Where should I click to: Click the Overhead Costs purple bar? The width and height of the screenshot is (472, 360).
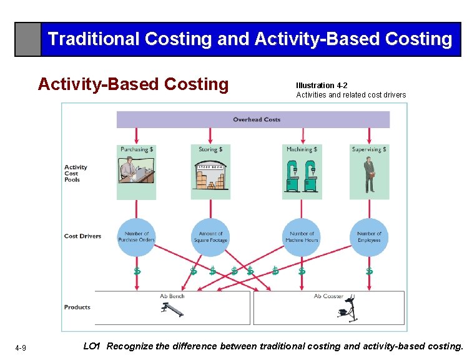[253, 119]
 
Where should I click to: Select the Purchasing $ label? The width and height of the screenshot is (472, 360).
[137, 149]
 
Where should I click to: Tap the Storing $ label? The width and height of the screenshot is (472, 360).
[210, 149]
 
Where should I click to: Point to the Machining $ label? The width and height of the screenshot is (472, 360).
[302, 149]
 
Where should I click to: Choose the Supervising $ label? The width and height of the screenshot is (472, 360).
[369, 149]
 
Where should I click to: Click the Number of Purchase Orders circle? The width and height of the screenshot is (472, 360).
[137, 237]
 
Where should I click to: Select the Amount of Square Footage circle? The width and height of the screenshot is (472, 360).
[210, 237]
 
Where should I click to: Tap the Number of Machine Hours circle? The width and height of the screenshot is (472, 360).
[302, 237]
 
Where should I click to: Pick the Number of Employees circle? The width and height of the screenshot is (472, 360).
[369, 237]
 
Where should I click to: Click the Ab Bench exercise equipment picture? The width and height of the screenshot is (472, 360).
[172, 309]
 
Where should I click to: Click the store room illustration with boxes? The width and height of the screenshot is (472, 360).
[210, 176]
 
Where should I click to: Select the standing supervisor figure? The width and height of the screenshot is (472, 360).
[370, 174]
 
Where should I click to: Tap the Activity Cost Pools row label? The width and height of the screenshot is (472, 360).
[76, 173]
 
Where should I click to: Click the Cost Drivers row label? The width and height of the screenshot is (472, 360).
[82, 236]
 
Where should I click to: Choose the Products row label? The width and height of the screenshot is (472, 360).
[77, 307]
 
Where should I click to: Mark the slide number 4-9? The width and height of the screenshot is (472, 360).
[21, 347]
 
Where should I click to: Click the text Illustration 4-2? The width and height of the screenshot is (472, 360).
[322, 86]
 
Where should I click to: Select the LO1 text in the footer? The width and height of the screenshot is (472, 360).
[91, 346]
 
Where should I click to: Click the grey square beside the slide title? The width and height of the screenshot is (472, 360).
[28, 39]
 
